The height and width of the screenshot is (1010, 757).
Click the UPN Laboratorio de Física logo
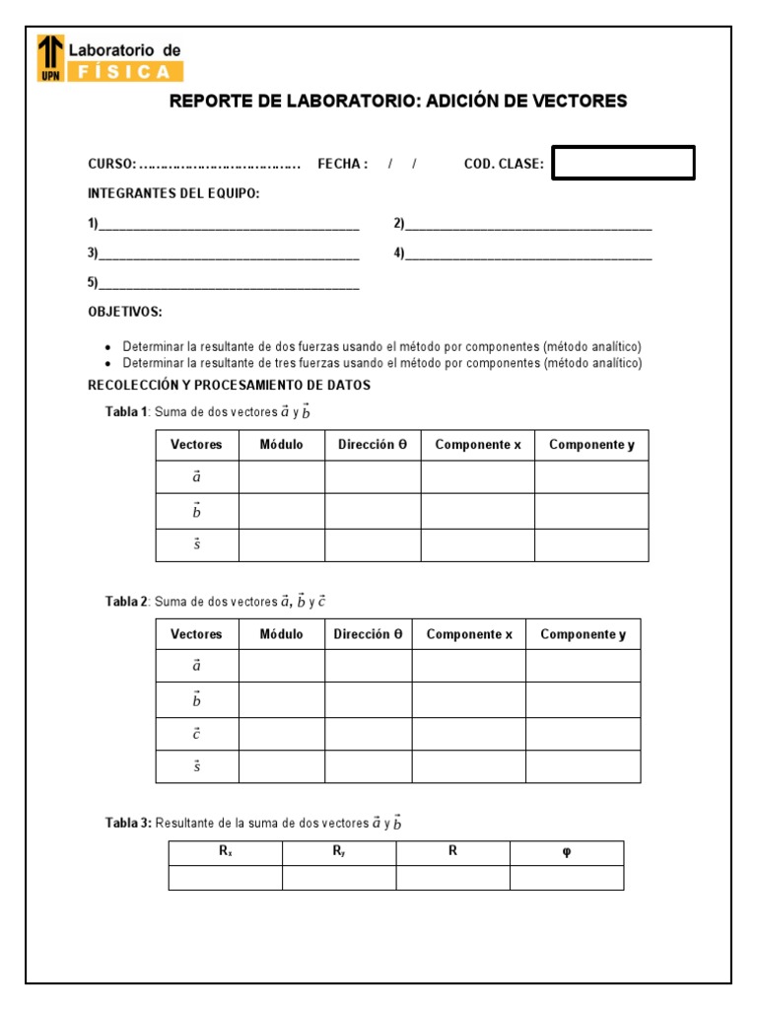(109, 58)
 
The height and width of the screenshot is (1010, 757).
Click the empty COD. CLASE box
(623, 163)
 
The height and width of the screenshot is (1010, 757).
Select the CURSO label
(110, 164)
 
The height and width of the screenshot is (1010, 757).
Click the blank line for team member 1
(229, 224)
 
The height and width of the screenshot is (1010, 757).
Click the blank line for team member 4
(528, 253)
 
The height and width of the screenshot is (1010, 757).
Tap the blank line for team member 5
(229, 284)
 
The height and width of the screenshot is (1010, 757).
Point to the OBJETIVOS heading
(125, 312)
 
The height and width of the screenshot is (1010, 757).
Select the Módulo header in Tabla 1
(281, 445)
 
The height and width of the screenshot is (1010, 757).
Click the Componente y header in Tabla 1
(591, 445)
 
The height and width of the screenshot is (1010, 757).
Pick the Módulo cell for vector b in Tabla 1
(281, 511)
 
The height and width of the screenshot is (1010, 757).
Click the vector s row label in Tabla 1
(196, 544)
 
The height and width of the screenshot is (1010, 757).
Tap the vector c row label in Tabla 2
(196, 734)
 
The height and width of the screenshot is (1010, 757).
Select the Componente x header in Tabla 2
(469, 634)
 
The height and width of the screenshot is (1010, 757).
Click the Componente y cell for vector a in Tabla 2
(583, 666)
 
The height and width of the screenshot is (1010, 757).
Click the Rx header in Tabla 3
(226, 852)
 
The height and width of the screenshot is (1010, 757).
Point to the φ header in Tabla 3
(566, 852)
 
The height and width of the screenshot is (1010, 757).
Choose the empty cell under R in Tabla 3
(452, 878)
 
